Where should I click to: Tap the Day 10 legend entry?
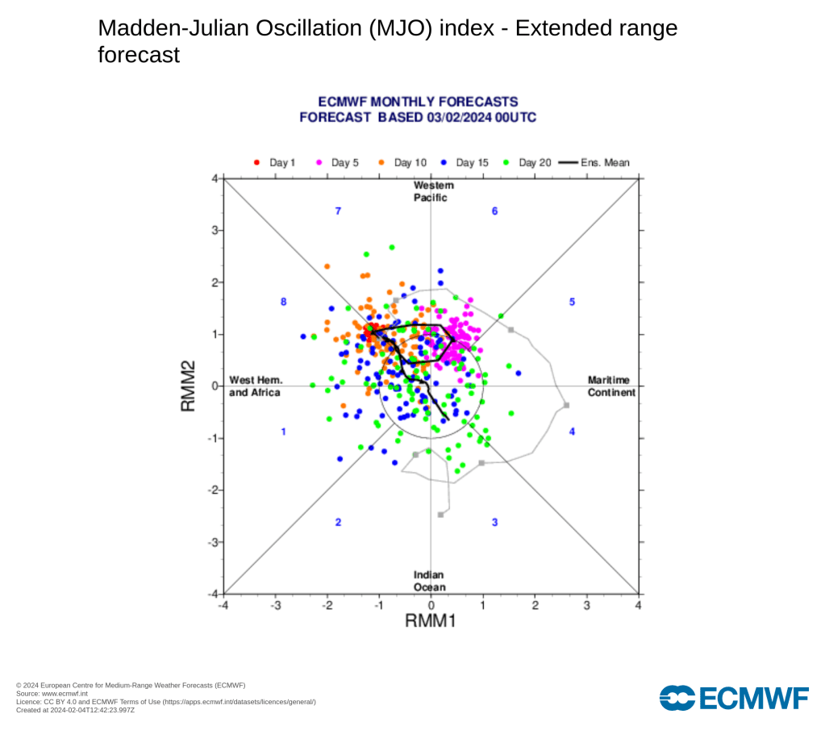[x=403, y=163]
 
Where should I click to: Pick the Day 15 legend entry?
[x=465, y=163]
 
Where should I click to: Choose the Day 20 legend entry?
[x=528, y=163]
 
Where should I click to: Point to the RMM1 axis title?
[x=431, y=622]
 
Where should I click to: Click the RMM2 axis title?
[x=189, y=386]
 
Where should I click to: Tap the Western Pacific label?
[x=430, y=191]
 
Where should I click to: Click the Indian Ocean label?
[x=430, y=581]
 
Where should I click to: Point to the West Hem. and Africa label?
[x=255, y=386]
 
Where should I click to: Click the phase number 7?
[x=339, y=211]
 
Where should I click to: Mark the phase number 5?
[x=573, y=302]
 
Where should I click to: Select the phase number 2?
[x=339, y=522]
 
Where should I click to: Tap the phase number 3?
[x=495, y=522]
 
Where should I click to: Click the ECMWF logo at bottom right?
[x=734, y=697]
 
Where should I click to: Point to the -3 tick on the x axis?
[x=275, y=605]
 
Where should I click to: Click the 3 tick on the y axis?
[x=215, y=230]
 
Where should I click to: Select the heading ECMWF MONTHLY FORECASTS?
[x=418, y=102]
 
